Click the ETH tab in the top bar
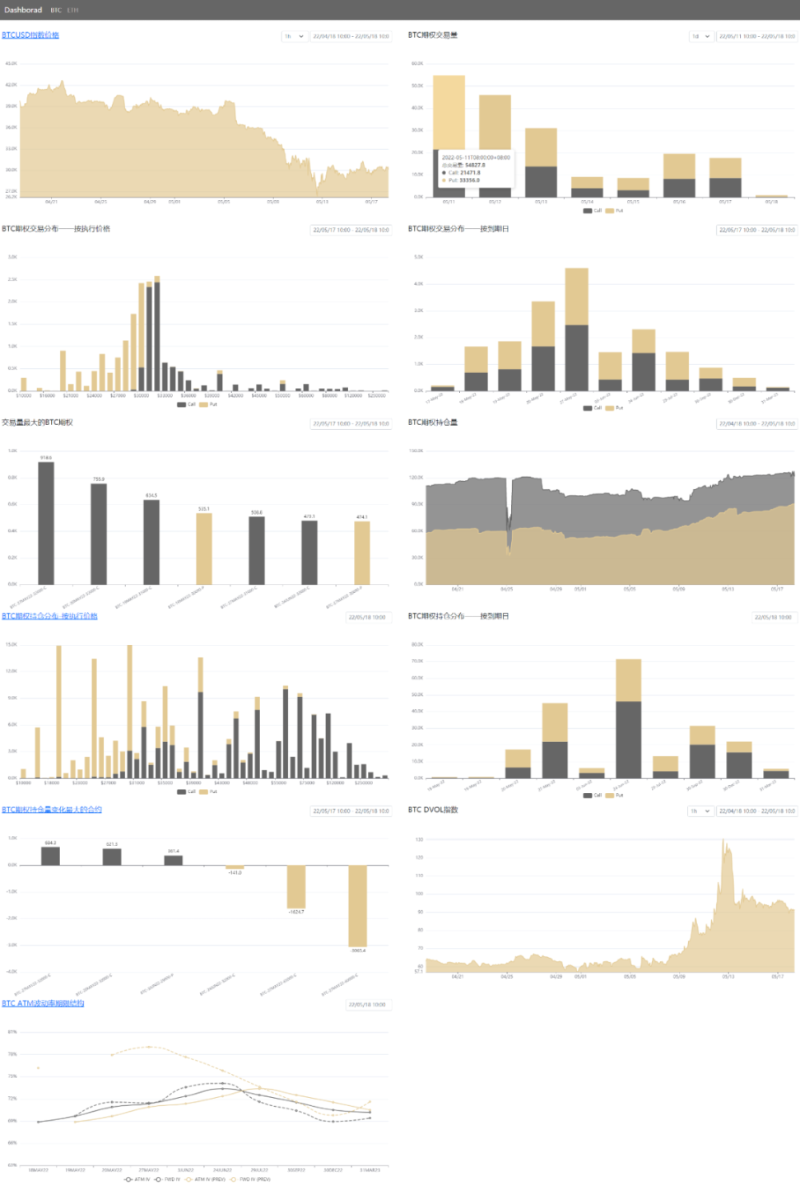coord(73,11)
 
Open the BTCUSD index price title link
coord(30,35)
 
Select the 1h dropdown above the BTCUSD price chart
coord(294,36)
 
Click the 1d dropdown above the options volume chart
coord(700,36)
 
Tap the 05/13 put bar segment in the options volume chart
coord(541,147)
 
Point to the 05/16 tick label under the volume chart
coord(679,202)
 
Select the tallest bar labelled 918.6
coord(46,522)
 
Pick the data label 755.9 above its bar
coord(99,479)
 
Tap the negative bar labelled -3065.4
coord(358,905)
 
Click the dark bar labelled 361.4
coord(174,860)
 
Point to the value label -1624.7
coord(296,912)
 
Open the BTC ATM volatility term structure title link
coord(43,1003)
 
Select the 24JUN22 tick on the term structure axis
coord(222,1170)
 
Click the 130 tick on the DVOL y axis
coord(419,840)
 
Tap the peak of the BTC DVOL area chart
coord(723,841)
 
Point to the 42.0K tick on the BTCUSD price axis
coord(11,85)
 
